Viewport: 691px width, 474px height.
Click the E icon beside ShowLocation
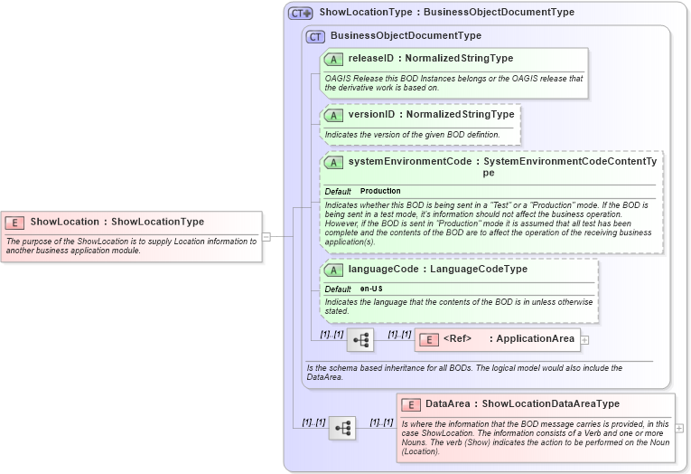[x=14, y=222]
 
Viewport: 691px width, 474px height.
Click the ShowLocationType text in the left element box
[x=157, y=222]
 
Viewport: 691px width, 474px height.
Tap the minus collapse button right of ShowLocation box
[x=266, y=237]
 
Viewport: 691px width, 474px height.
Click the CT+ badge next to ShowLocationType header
[x=300, y=14]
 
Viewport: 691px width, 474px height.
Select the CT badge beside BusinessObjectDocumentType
[x=314, y=36]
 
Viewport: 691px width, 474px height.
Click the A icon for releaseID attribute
[x=333, y=59]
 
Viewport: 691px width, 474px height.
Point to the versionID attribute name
[x=371, y=115]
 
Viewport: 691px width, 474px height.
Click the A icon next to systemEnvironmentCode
[x=333, y=163]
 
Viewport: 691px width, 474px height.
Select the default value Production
[x=380, y=192]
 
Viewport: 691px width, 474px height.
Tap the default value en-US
[x=370, y=289]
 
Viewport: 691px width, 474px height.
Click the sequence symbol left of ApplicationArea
[x=360, y=340]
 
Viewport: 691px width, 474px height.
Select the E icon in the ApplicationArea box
[x=430, y=340]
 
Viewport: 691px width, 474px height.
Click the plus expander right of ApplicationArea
[x=584, y=340]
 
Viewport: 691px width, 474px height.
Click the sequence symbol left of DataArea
[x=341, y=428]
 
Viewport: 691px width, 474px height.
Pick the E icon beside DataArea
[x=411, y=404]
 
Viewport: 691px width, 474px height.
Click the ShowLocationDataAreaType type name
[x=551, y=404]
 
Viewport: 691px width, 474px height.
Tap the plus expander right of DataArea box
[x=679, y=428]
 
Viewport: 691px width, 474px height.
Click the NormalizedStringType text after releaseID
[x=460, y=59]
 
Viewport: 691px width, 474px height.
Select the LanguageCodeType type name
[x=479, y=270]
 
